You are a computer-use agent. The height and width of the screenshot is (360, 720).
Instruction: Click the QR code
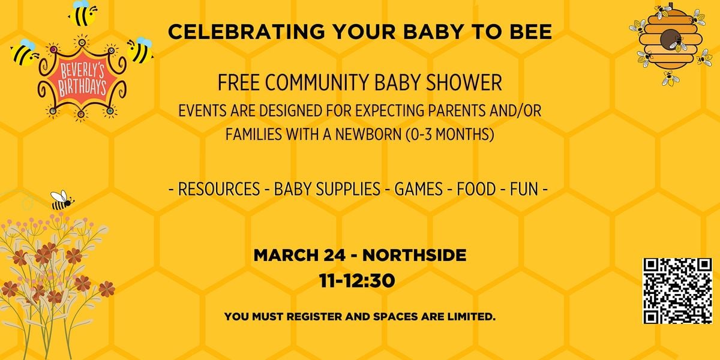(677, 291)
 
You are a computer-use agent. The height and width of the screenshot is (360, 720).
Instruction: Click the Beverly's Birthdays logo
(81, 78)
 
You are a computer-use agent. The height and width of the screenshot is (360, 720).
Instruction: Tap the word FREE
(238, 83)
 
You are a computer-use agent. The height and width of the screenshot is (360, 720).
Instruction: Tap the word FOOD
(476, 190)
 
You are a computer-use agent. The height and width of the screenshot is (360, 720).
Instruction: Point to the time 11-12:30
(359, 280)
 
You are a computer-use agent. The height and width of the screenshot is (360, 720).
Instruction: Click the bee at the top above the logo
(82, 13)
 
